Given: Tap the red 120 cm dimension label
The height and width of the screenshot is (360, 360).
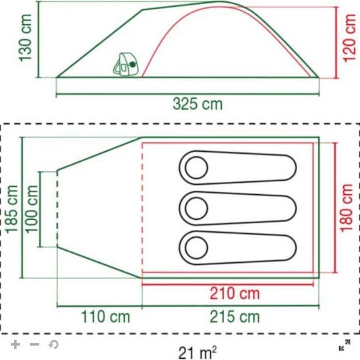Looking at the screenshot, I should coord(349,38).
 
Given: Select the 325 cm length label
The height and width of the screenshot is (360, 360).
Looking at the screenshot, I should coord(197,104).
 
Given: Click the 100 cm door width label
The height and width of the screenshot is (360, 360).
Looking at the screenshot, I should coord(30,208).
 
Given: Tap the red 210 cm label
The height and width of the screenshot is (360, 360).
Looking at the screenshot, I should coord(234,294).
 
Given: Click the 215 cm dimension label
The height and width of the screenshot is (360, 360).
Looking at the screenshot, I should coord(234,316).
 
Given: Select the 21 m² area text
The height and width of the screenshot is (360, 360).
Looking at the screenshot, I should coord(198,351).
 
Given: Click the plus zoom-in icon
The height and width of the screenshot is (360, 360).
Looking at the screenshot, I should coord(16,344).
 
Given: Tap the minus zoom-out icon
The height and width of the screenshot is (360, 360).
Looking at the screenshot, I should coord(34,344).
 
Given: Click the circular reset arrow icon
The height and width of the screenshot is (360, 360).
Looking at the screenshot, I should coord(53,344).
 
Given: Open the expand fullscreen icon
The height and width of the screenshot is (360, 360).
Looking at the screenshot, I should coord(344,347).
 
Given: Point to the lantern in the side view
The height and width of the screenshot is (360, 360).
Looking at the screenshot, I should coord(124,64).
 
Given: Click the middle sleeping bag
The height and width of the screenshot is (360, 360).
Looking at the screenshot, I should coord(237,207).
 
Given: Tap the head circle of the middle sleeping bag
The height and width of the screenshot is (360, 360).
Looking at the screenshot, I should coord(196,207).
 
